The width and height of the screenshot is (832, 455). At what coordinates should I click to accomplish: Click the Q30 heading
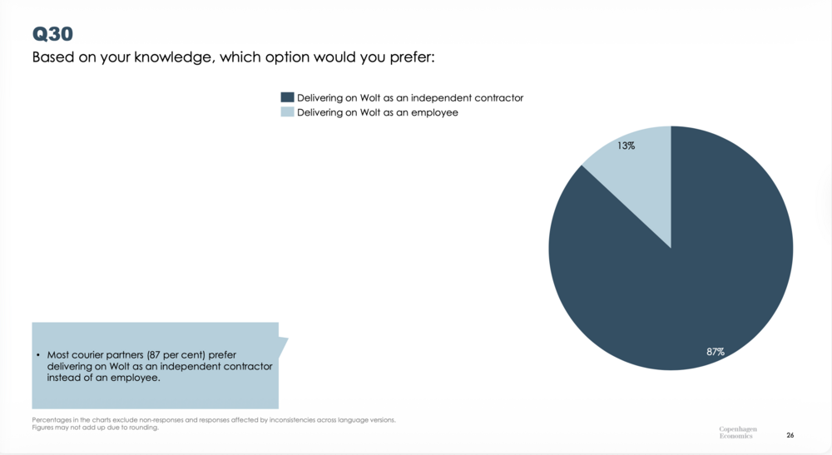(x=52, y=34)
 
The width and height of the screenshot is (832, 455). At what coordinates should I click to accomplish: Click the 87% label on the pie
(x=716, y=352)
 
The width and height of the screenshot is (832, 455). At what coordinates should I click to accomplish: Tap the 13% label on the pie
(x=626, y=146)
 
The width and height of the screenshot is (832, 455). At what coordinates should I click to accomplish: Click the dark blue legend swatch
(x=288, y=97)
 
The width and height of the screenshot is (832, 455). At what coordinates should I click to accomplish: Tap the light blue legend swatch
(x=288, y=112)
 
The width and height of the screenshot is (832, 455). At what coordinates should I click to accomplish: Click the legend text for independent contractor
(x=410, y=98)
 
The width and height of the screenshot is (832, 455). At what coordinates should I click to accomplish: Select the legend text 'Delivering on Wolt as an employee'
(x=378, y=112)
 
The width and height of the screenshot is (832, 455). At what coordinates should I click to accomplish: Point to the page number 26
(x=790, y=435)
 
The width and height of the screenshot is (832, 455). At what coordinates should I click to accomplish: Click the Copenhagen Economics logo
(x=738, y=433)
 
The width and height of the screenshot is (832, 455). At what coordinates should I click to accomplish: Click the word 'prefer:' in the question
(x=413, y=58)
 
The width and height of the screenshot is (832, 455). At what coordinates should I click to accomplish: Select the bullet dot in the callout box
(x=38, y=355)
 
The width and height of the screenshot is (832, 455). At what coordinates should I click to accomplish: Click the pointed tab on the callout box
(x=283, y=343)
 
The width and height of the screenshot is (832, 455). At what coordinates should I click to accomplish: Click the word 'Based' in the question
(x=52, y=57)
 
